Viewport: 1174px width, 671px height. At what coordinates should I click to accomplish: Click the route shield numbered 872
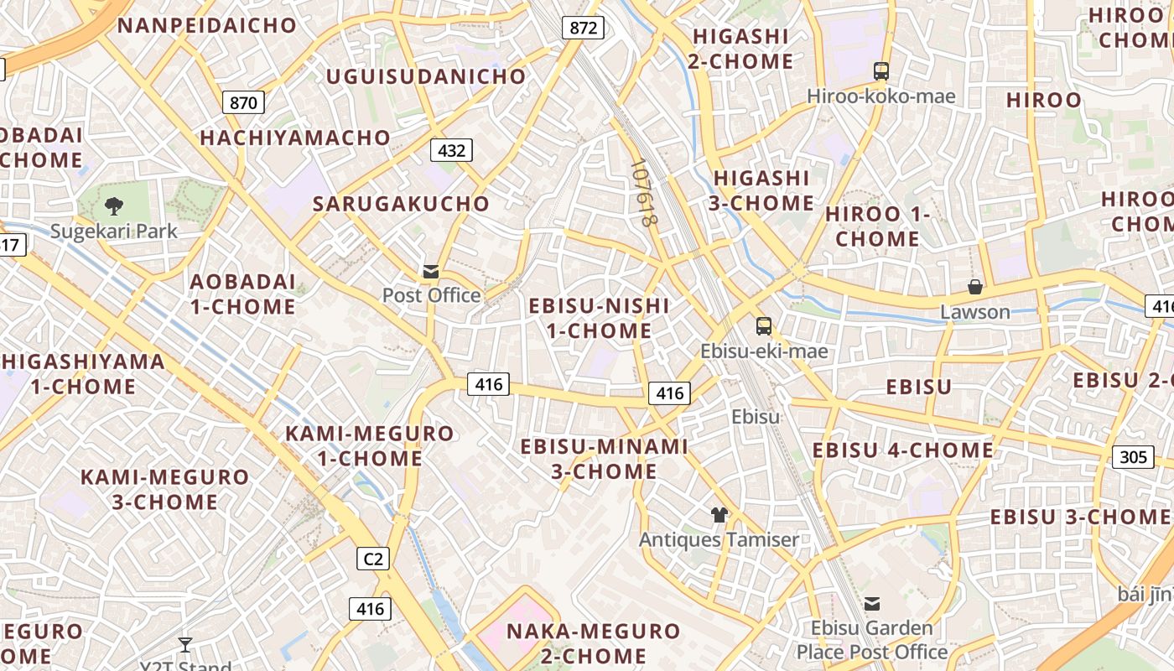tap(584, 28)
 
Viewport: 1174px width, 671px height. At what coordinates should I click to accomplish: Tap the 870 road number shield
tap(243, 102)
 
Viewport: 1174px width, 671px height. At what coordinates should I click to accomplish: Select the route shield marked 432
tap(451, 150)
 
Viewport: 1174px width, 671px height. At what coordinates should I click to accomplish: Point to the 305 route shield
tap(1132, 457)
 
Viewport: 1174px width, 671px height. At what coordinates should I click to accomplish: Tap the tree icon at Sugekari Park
tap(113, 205)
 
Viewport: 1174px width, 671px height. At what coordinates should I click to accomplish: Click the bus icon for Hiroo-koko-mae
tap(880, 71)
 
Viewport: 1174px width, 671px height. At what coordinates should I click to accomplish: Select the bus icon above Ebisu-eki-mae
tap(763, 326)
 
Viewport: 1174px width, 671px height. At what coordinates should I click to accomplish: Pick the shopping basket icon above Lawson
tap(974, 287)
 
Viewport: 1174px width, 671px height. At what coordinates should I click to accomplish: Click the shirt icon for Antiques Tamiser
tap(719, 514)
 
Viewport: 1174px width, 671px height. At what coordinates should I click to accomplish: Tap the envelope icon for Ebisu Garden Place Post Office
tap(872, 603)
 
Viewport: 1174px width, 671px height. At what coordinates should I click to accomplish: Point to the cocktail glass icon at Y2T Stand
tap(185, 644)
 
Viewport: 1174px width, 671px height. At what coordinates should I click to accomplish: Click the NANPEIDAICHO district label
tap(207, 25)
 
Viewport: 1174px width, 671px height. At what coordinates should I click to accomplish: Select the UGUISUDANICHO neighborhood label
tap(426, 76)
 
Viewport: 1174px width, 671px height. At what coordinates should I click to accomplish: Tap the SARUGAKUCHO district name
tap(401, 204)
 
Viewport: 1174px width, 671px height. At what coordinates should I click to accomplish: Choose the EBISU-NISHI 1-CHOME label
tap(599, 318)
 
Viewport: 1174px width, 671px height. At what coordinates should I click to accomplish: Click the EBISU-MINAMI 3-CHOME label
tap(604, 459)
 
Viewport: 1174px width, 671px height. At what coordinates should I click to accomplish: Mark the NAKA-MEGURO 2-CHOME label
tap(593, 642)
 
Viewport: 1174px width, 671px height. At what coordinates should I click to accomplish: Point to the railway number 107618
tap(642, 194)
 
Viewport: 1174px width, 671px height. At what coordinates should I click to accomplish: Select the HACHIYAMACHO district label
tap(295, 138)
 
